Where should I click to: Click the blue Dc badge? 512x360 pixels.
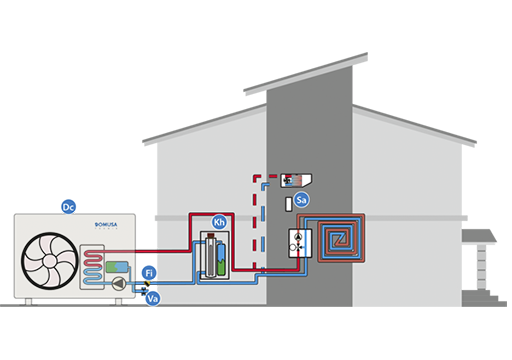click(69, 207)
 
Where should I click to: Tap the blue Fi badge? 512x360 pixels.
click(149, 273)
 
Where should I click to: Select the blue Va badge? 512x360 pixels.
click(153, 298)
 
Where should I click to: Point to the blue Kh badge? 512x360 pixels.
click(219, 222)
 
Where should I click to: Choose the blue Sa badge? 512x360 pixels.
click(301, 200)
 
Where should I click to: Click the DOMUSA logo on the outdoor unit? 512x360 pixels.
click(106, 225)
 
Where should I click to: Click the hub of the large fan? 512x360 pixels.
click(50, 261)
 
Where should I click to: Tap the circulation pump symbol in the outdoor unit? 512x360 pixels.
click(119, 284)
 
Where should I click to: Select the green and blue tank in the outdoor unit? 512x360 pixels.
click(117, 267)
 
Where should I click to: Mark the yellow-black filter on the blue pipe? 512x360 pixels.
click(147, 284)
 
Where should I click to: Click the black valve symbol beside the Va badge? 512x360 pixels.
click(144, 292)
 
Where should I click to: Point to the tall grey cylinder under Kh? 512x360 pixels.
click(211, 255)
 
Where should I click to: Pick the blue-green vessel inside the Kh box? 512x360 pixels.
click(221, 259)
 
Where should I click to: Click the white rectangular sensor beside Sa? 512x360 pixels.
click(289, 204)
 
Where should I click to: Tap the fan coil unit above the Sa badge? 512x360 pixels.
click(296, 180)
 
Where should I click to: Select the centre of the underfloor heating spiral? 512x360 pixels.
click(340, 239)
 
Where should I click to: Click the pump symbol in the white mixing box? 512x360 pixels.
click(299, 237)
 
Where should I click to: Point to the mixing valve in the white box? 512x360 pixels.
click(299, 247)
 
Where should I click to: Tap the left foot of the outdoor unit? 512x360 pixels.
click(29, 302)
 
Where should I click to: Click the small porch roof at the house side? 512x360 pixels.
click(479, 236)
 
